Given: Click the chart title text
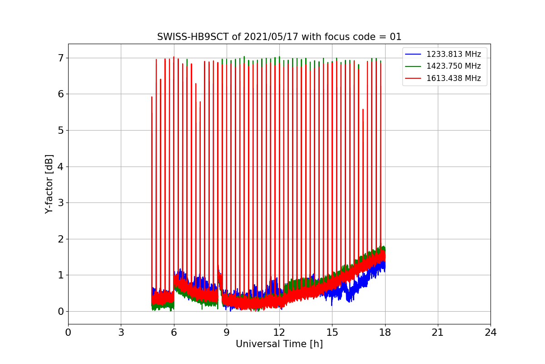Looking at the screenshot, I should pyautogui.click(x=279, y=37).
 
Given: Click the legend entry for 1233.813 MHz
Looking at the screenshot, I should pyautogui.click(x=453, y=54).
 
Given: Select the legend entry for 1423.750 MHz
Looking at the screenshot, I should pyautogui.click(x=453, y=66).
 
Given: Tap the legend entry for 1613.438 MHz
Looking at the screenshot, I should pyautogui.click(x=453, y=78).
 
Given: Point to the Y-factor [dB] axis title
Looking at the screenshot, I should pyautogui.click(x=49, y=184).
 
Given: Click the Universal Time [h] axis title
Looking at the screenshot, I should pyautogui.click(x=279, y=344).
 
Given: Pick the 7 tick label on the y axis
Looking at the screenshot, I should pyautogui.click(x=60, y=58).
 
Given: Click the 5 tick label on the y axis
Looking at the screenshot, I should pyautogui.click(x=60, y=131).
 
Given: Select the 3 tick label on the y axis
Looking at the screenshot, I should pyautogui.click(x=60, y=203).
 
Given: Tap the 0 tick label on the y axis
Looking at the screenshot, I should pyautogui.click(x=60, y=312).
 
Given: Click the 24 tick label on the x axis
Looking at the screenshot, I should pyautogui.click(x=490, y=333).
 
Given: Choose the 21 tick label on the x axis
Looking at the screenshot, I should pyautogui.click(x=438, y=333).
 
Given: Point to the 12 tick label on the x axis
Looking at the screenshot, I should pyautogui.click(x=279, y=333).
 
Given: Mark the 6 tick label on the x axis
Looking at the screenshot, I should pyautogui.click(x=174, y=333).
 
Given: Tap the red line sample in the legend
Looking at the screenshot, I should pyautogui.click(x=414, y=78).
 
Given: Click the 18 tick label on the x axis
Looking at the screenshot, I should pyautogui.click(x=385, y=333).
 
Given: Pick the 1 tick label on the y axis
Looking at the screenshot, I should pyautogui.click(x=60, y=275).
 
